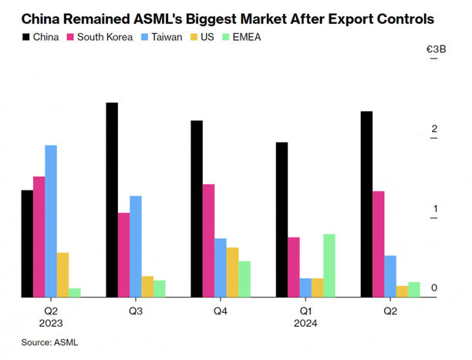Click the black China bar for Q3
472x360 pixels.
click(x=112, y=200)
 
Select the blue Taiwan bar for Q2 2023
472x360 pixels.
click(x=50, y=220)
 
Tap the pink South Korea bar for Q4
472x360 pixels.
click(x=208, y=241)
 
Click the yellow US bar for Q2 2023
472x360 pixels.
click(x=62, y=274)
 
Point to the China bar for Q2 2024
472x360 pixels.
click(x=366, y=204)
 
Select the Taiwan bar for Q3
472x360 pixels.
click(x=136, y=246)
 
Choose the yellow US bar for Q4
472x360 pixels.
click(x=232, y=272)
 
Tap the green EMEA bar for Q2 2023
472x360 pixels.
click(x=75, y=292)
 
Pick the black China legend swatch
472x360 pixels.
click(x=26, y=36)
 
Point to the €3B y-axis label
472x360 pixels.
click(x=437, y=50)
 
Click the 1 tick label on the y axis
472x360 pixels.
click(x=435, y=208)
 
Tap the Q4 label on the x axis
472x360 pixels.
click(x=221, y=311)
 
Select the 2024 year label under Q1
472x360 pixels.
click(x=306, y=324)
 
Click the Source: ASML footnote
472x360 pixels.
click(x=49, y=341)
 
